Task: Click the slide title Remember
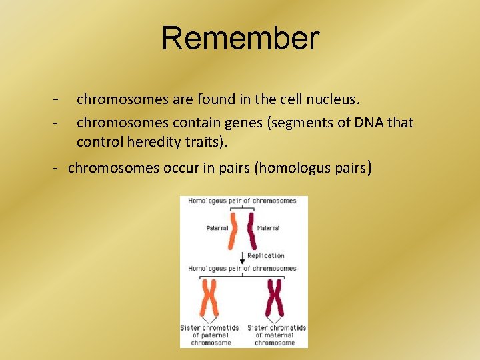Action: click(x=240, y=39)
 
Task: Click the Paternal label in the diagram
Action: click(x=217, y=228)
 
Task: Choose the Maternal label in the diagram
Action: click(x=268, y=228)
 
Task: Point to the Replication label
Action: click(x=265, y=255)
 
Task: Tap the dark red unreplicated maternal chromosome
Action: click(x=251, y=230)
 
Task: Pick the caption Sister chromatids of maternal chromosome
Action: click(x=276, y=335)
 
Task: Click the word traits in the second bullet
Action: click(x=202, y=142)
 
